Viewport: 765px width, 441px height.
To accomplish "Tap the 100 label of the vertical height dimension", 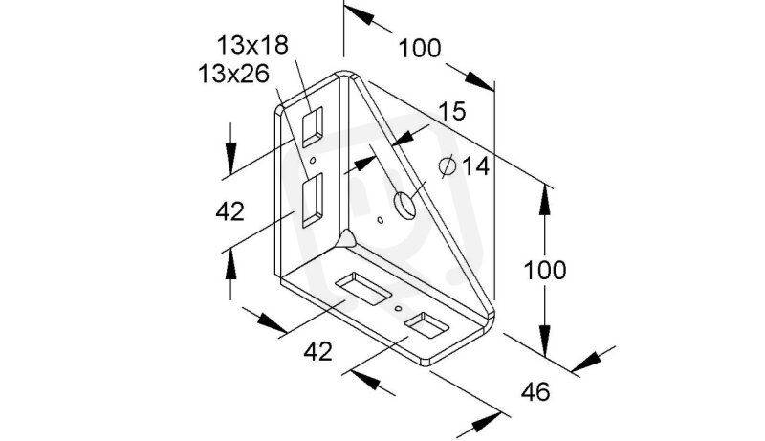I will pyautogui.click(x=544, y=270).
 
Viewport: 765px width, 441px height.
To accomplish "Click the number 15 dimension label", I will pyautogui.click(x=451, y=112).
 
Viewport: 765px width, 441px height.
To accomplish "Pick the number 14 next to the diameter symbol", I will pyautogui.click(x=475, y=167).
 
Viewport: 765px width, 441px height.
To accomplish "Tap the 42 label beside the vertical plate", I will pyautogui.click(x=230, y=212).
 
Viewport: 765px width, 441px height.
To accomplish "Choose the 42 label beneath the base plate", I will pyautogui.click(x=318, y=351).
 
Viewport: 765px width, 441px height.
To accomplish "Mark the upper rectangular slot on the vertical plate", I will pyautogui.click(x=313, y=125).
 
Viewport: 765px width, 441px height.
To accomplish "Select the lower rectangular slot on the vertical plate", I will pyautogui.click(x=312, y=199).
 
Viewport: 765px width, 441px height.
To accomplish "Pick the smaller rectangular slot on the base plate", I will pyautogui.click(x=426, y=326).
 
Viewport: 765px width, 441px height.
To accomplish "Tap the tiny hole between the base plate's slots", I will pyautogui.click(x=398, y=308).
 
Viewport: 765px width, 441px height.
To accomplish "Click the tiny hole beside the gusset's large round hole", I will pyautogui.click(x=381, y=221).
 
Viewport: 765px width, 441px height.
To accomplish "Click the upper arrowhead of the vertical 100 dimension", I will pyautogui.click(x=544, y=192).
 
